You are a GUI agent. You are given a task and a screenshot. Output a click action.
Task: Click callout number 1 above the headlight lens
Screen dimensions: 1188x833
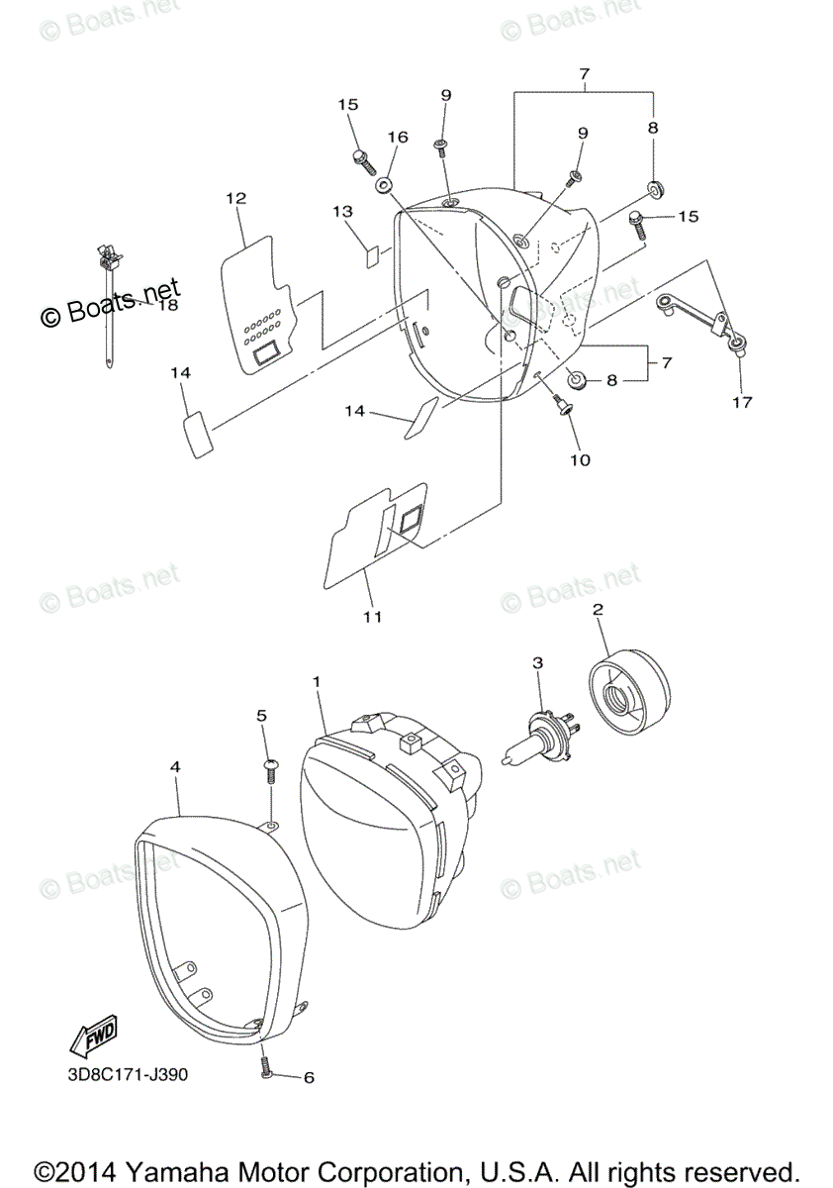(317, 682)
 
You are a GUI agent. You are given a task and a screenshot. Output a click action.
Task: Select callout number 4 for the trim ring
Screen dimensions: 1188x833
(175, 766)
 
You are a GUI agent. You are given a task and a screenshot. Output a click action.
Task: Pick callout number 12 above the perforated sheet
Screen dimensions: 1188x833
(235, 198)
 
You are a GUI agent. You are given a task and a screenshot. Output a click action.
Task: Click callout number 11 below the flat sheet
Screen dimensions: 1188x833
(372, 617)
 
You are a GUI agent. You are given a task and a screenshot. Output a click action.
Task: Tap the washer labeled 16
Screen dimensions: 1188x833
(383, 184)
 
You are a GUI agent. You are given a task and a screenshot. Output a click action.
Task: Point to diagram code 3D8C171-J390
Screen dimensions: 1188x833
(123, 1075)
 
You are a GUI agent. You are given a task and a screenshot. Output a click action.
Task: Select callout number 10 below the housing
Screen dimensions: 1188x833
(579, 459)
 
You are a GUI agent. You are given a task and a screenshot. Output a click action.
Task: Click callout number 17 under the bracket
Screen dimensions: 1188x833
(742, 402)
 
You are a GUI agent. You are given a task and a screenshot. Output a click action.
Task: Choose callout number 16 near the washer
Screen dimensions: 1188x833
(397, 137)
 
